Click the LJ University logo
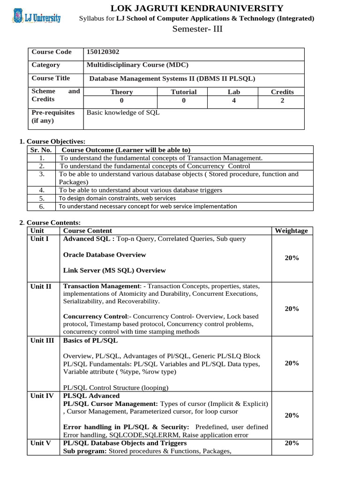click(36, 18)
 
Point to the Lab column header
click(233, 92)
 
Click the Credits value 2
click(282, 100)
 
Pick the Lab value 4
click(233, 100)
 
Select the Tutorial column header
click(183, 92)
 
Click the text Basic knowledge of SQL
click(123, 112)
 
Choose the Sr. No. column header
click(41, 150)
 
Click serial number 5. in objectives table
click(42, 198)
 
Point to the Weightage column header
click(291, 231)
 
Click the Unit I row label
click(39, 239)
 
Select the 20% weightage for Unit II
click(292, 308)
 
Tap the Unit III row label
click(42, 340)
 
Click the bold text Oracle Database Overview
click(105, 255)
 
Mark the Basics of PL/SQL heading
click(90, 340)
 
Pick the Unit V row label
click(40, 443)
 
